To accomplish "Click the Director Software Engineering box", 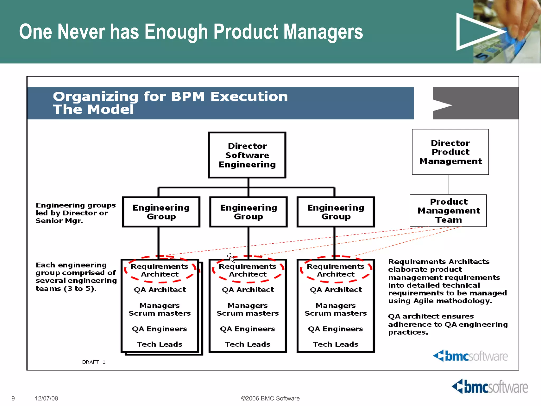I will coord(247,155).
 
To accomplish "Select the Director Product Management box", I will coord(450,152).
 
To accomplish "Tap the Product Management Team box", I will coord(448,211).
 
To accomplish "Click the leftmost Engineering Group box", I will coord(161,212).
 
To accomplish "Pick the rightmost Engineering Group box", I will coord(335,212).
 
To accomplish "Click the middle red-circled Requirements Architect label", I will coord(248,270).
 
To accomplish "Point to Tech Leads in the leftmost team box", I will coord(160,344).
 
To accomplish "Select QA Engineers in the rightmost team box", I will coord(335,329).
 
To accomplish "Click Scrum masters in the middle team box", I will coord(248,313).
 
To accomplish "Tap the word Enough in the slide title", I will coord(176,32).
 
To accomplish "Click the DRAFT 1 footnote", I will coord(94,362).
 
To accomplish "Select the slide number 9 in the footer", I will coord(13,398).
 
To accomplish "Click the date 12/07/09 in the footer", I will coord(46,398).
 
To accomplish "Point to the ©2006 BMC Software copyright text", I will coord(270,398).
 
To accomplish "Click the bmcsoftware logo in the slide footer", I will coord(490,387).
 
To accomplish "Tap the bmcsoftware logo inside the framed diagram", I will coord(470,356).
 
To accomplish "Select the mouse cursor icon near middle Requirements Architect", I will coord(231,257).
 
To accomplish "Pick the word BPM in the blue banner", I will coord(188,96).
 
